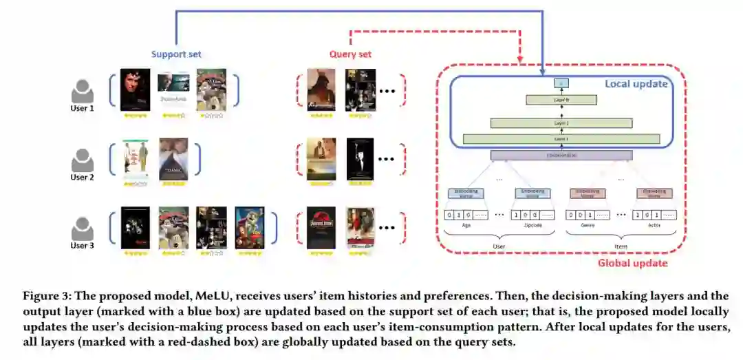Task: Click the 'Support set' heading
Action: point(176,54)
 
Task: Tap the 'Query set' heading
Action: point(351,54)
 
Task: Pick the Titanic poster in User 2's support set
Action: point(173,159)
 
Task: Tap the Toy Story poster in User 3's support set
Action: point(249,227)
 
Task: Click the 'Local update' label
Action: point(636,84)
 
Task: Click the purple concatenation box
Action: point(562,155)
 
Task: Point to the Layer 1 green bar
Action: point(562,139)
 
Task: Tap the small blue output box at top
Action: point(561,83)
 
